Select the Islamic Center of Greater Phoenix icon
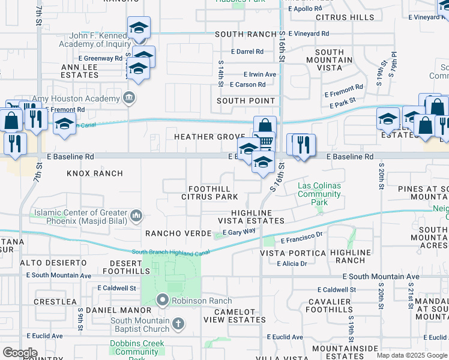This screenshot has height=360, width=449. (x=137, y=215)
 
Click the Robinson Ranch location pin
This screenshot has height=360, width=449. (x=162, y=299)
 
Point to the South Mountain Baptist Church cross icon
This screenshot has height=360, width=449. (x=178, y=325)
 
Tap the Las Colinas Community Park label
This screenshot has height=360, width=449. (x=319, y=194)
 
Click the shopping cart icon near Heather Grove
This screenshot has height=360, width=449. (x=266, y=142)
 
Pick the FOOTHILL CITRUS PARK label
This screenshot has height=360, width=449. (x=210, y=193)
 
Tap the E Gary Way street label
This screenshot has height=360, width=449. (x=239, y=232)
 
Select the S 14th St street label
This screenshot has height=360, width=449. (x=221, y=72)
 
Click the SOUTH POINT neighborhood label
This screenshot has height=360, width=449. (x=246, y=101)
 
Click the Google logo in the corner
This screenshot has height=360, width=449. (x=20, y=353)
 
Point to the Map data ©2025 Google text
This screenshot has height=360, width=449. (x=412, y=355)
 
